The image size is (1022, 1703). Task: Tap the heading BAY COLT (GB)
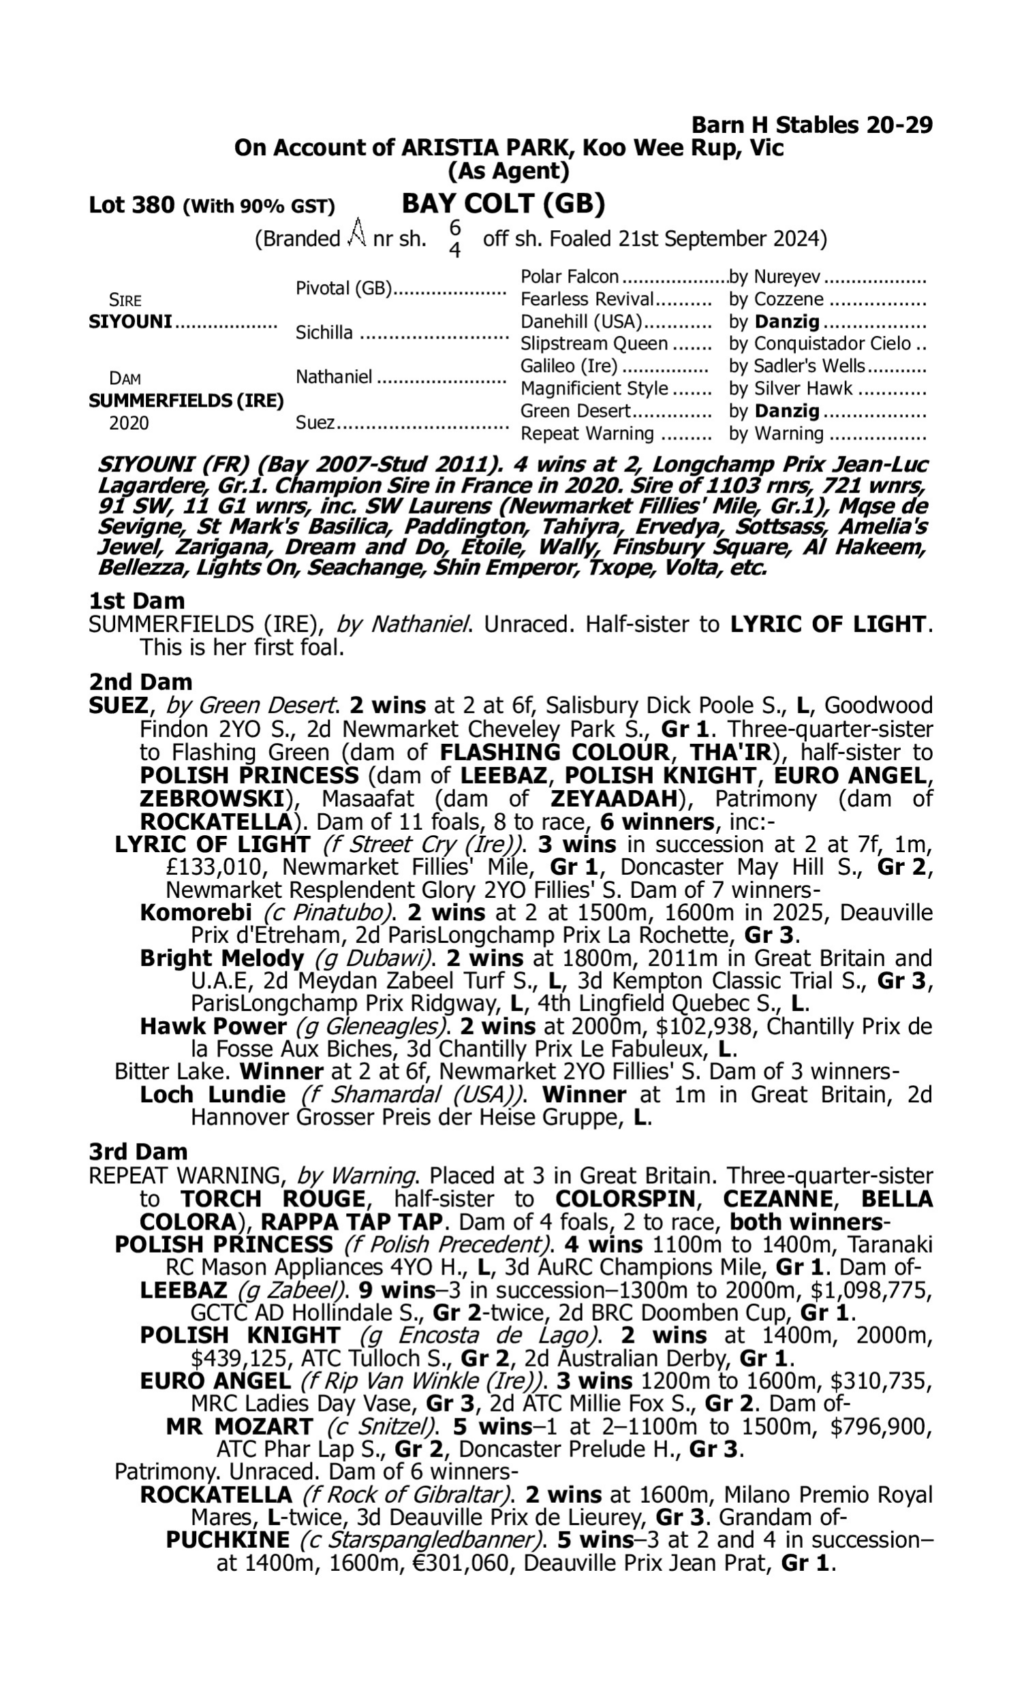503,204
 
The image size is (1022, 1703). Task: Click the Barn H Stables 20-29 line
811,125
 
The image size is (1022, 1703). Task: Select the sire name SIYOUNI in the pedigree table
130,322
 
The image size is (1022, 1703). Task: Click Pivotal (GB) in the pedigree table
343,288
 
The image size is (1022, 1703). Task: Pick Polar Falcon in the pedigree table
570,277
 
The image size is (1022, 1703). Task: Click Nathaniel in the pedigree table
334,377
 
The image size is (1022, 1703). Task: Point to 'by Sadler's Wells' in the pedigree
797,366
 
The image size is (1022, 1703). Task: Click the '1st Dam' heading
137,601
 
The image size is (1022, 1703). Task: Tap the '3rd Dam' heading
138,1151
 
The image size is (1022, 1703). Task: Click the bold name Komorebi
196,913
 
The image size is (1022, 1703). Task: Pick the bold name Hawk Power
213,1027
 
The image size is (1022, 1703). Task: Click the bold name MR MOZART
240,1426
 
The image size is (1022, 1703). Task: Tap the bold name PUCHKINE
228,1540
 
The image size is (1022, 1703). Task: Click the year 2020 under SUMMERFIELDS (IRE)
129,423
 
